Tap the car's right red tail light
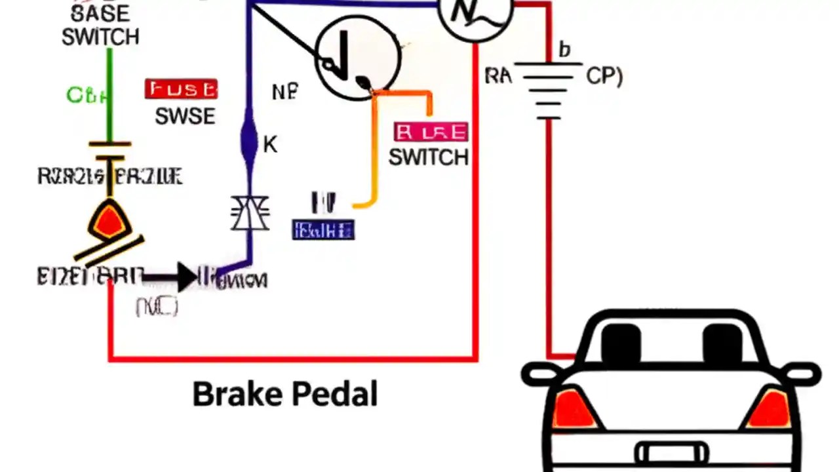[770, 409]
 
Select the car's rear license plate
[672, 453]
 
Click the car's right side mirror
[804, 375]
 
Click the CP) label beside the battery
[604, 76]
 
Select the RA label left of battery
[498, 76]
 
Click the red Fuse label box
[181, 89]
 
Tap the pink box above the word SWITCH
[431, 132]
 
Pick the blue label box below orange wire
[323, 230]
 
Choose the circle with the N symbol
[475, 13]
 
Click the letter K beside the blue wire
[270, 145]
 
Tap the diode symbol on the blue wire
[250, 214]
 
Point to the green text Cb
[86, 96]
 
